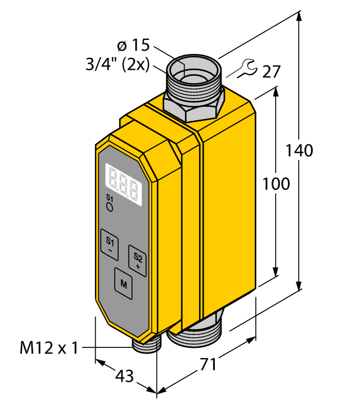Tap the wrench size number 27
click(271, 71)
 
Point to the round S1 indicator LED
click(110, 207)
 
